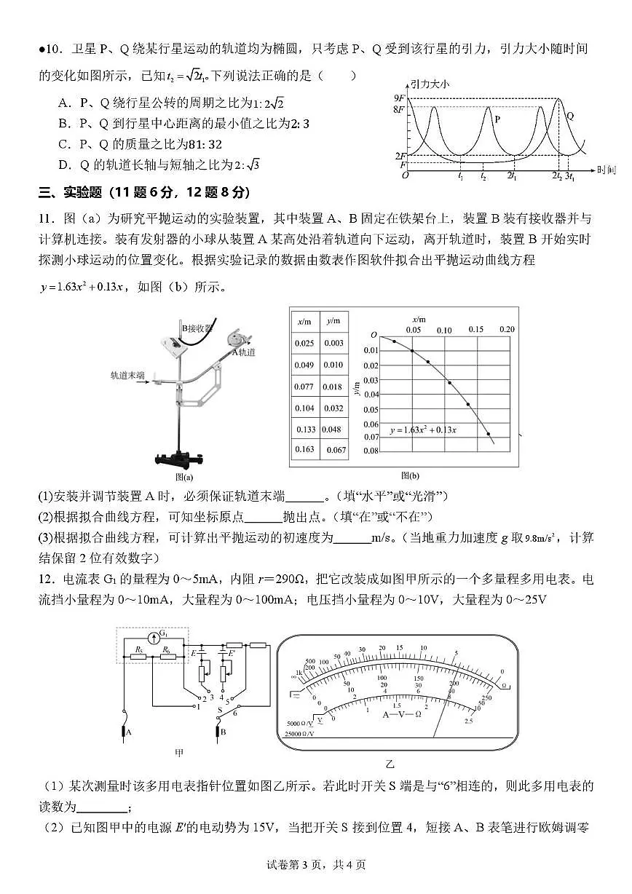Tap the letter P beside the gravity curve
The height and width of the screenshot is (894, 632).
497,118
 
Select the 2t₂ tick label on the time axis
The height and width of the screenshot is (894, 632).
556,176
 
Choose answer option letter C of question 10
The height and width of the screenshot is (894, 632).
63,144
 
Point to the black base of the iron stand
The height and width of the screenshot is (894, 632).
178,459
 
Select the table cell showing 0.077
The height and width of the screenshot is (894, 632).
304,387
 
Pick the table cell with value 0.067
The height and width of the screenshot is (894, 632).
335,450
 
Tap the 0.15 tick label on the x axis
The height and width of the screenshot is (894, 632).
475,330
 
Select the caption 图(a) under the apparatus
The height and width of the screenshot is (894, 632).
184,478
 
